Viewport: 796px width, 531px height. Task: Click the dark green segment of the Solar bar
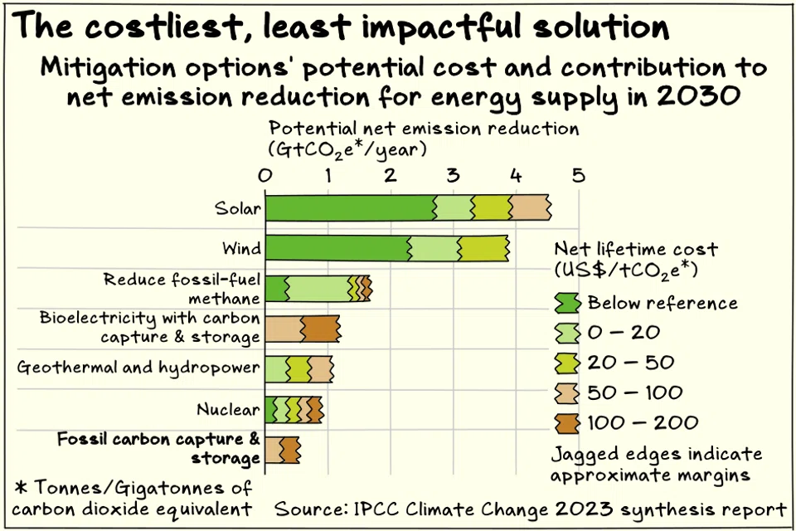tap(349, 207)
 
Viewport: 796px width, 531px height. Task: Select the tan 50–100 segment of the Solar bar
tap(529, 207)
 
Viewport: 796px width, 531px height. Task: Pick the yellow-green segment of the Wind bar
tap(483, 248)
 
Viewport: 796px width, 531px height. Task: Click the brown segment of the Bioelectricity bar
tap(320, 329)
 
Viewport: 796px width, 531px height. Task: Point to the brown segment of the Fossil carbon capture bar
tap(289, 451)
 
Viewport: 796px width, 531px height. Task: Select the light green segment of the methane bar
tap(318, 288)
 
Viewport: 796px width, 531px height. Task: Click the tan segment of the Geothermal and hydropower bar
tap(320, 369)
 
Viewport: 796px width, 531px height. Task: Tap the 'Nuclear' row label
tap(228, 409)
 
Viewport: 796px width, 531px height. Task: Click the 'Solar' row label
tap(238, 208)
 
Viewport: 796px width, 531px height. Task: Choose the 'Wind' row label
tap(241, 248)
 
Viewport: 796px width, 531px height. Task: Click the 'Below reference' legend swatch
tap(567, 303)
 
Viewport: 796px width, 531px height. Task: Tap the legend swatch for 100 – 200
tap(567, 422)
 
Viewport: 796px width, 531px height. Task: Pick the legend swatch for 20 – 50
tap(567, 363)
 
